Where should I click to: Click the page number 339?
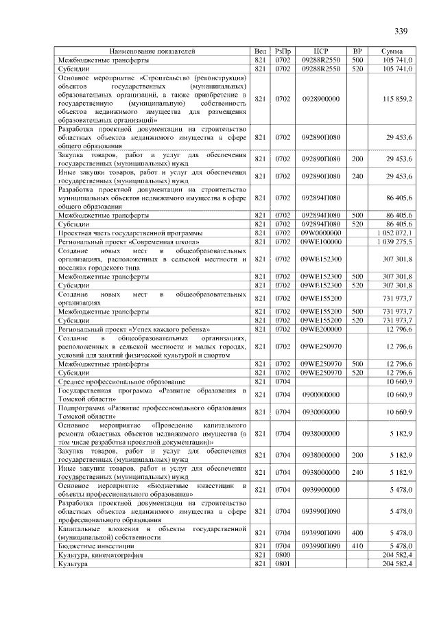[401, 30]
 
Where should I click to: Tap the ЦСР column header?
[321, 51]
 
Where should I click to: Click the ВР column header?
[357, 51]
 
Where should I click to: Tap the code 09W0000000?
[320, 233]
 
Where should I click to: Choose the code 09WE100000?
[320, 242]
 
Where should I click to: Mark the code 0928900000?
[320, 99]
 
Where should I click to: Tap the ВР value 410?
[357, 546]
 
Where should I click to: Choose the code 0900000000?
[320, 395]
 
